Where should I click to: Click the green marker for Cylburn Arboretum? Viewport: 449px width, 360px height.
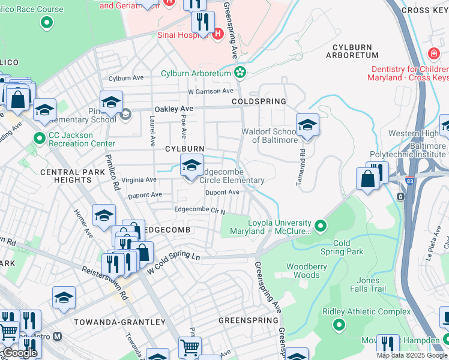tap(240, 73)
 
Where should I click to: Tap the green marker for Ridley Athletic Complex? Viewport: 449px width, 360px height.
tap(339, 325)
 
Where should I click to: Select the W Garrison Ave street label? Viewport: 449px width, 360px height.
tap(209, 91)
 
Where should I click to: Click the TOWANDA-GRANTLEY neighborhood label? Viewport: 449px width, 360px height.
tap(119, 322)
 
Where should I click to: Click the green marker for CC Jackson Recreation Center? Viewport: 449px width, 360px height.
tap(40, 139)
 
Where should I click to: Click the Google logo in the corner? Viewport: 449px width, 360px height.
tap(20, 353)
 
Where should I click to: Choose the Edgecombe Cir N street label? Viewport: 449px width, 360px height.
tap(199, 211)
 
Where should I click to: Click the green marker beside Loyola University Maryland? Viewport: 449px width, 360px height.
tap(321, 226)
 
